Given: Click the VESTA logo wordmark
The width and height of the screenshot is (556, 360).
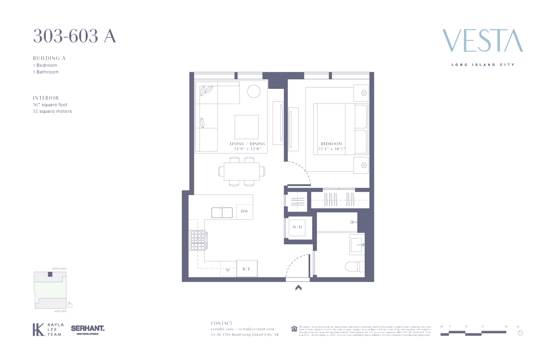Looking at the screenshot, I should click(482, 41).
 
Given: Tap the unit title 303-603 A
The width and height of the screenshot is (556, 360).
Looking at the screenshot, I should click(75, 36).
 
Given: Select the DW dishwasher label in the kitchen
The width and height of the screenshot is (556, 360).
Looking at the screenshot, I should click(245, 211).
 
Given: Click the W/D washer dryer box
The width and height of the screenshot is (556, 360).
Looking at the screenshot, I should click(297, 227).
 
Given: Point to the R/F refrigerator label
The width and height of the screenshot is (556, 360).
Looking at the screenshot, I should click(246, 269).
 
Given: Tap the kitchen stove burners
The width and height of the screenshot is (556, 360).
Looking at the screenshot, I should click(198, 240).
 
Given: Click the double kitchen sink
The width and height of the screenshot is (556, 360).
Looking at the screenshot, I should click(222, 212).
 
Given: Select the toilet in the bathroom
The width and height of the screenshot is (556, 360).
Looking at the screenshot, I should click(354, 267).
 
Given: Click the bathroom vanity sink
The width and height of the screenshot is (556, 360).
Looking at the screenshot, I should click(357, 245).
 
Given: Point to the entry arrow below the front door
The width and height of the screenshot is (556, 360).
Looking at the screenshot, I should click(298, 288).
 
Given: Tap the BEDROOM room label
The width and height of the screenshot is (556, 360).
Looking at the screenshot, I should click(331, 144).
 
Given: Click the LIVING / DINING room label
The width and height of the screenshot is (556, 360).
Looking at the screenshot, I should click(247, 144).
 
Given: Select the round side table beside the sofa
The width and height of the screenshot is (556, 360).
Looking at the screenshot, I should click(254, 91).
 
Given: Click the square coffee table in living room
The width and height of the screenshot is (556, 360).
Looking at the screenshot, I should click(246, 127).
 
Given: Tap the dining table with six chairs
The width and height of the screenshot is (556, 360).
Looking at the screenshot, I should click(242, 171).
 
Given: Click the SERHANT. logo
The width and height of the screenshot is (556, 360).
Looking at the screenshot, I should click(88, 329).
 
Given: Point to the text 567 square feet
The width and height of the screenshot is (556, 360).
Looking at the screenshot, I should click(50, 105).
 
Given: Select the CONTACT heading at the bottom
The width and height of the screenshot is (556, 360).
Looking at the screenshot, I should click(222, 323).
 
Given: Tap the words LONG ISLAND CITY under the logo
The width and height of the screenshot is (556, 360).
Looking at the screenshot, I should click(483, 65).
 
